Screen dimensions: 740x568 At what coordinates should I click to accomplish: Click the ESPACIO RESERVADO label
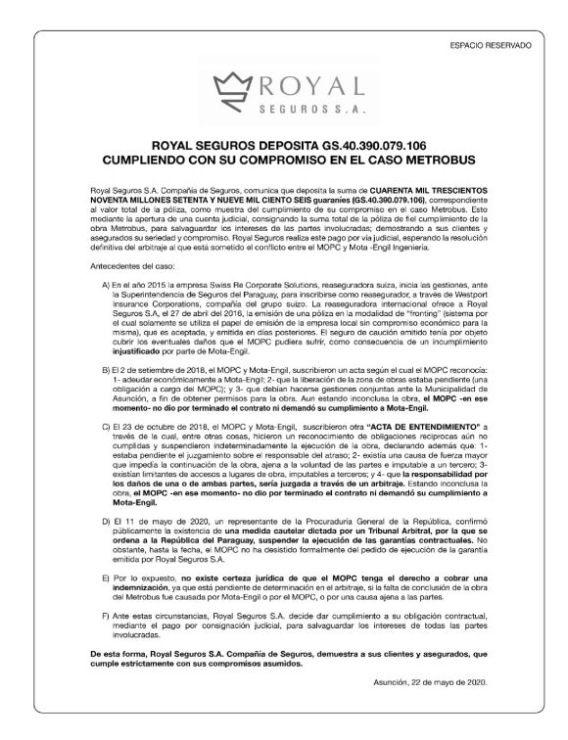pyautogui.click(x=492, y=45)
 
